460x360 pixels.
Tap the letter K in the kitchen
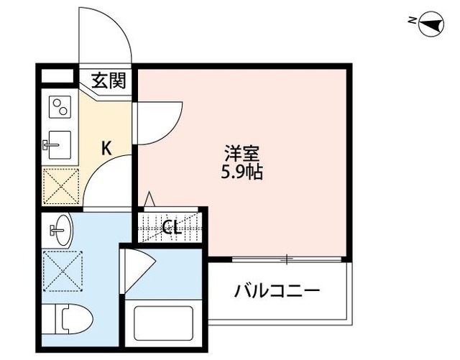106,149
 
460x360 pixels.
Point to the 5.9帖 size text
238,173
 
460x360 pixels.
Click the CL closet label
170,228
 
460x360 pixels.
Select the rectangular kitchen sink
58,146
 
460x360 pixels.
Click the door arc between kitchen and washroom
108,183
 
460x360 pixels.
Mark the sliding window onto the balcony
287,258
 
